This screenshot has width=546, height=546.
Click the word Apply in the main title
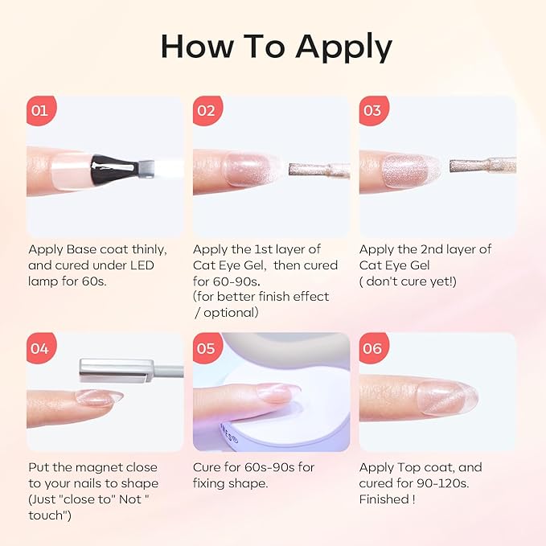point(343,47)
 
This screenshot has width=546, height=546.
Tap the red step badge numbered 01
point(41,110)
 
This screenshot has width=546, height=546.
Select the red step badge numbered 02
point(207,110)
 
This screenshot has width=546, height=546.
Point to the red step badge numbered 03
point(374,110)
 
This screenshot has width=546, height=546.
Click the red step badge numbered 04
point(41,348)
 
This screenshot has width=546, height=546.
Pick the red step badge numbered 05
point(207,348)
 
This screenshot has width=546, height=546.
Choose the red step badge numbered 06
point(374,348)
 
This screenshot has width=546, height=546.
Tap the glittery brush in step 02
point(318,170)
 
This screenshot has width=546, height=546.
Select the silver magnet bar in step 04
point(117,371)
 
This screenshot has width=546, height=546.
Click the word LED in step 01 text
point(142,265)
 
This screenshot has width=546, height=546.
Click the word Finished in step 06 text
point(384,499)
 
